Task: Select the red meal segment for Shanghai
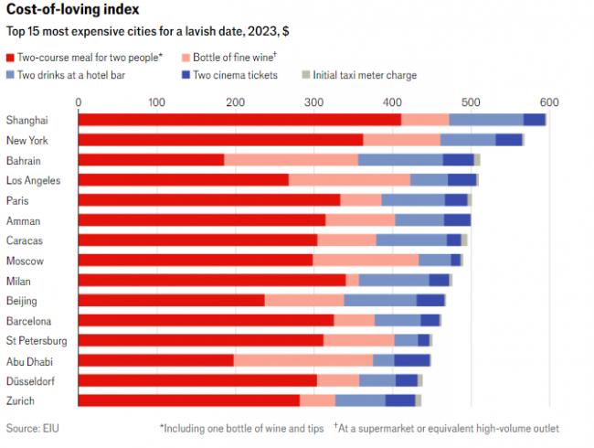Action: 239,120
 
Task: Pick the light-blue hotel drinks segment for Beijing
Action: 380,300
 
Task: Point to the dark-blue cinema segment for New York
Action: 509,140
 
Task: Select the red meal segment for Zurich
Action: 188,400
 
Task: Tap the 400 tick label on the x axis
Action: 392,101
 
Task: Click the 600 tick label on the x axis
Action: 548,101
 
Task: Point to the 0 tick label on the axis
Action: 79,101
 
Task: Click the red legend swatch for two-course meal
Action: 11,57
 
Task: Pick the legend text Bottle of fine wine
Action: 233,57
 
